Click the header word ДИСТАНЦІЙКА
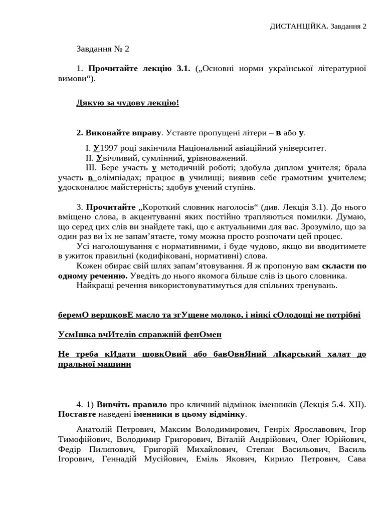click(299, 26)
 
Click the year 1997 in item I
click(110, 148)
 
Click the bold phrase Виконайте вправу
click(119, 133)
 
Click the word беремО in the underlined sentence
click(74, 315)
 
